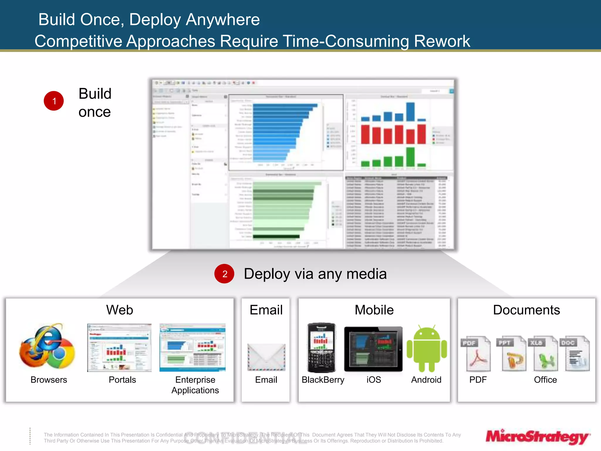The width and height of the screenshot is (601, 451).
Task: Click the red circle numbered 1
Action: (54, 101)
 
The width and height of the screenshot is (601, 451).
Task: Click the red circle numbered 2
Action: (224, 274)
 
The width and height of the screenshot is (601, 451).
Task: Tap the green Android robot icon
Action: (427, 349)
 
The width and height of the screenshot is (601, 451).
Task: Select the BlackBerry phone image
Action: (321, 348)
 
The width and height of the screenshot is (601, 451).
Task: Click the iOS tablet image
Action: (373, 349)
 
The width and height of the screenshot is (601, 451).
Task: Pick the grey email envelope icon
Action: (266, 357)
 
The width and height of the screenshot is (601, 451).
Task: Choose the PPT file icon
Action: (511, 354)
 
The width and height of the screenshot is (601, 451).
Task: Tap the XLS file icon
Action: (543, 354)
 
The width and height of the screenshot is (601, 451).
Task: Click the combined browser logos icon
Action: (47, 346)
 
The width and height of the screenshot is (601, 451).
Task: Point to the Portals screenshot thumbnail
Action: (119, 348)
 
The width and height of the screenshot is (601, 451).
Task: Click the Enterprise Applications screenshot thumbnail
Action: (193, 348)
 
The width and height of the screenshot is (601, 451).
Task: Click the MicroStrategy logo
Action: (538, 437)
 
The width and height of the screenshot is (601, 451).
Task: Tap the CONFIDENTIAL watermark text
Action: (245, 438)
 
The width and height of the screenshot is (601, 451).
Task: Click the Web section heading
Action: (119, 310)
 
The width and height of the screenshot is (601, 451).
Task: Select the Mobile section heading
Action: (374, 310)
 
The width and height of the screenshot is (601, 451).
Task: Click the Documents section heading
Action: (526, 310)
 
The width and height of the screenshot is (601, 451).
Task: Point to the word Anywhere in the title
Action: (223, 20)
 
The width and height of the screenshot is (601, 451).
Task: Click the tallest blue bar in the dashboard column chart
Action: (410, 112)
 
